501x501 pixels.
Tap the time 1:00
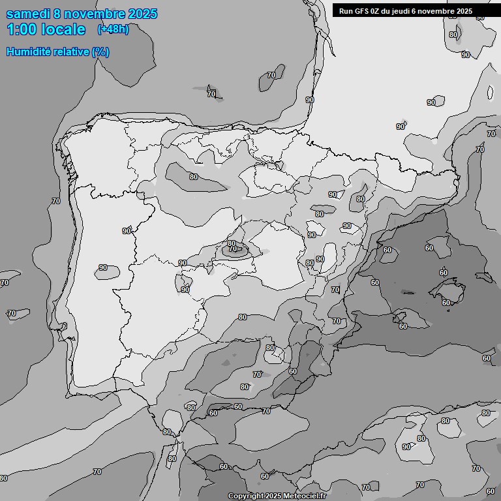tap(22, 29)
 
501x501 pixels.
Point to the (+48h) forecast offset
tap(114, 29)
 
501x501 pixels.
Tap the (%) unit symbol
tap(100, 52)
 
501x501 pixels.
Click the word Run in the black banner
tap(346, 11)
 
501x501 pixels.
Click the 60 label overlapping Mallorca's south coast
tap(446, 302)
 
